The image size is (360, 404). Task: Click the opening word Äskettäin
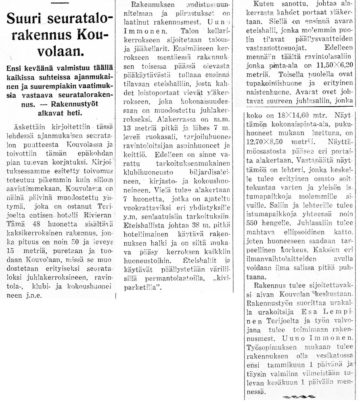click(26, 126)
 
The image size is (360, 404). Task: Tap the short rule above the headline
click(58, 4)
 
